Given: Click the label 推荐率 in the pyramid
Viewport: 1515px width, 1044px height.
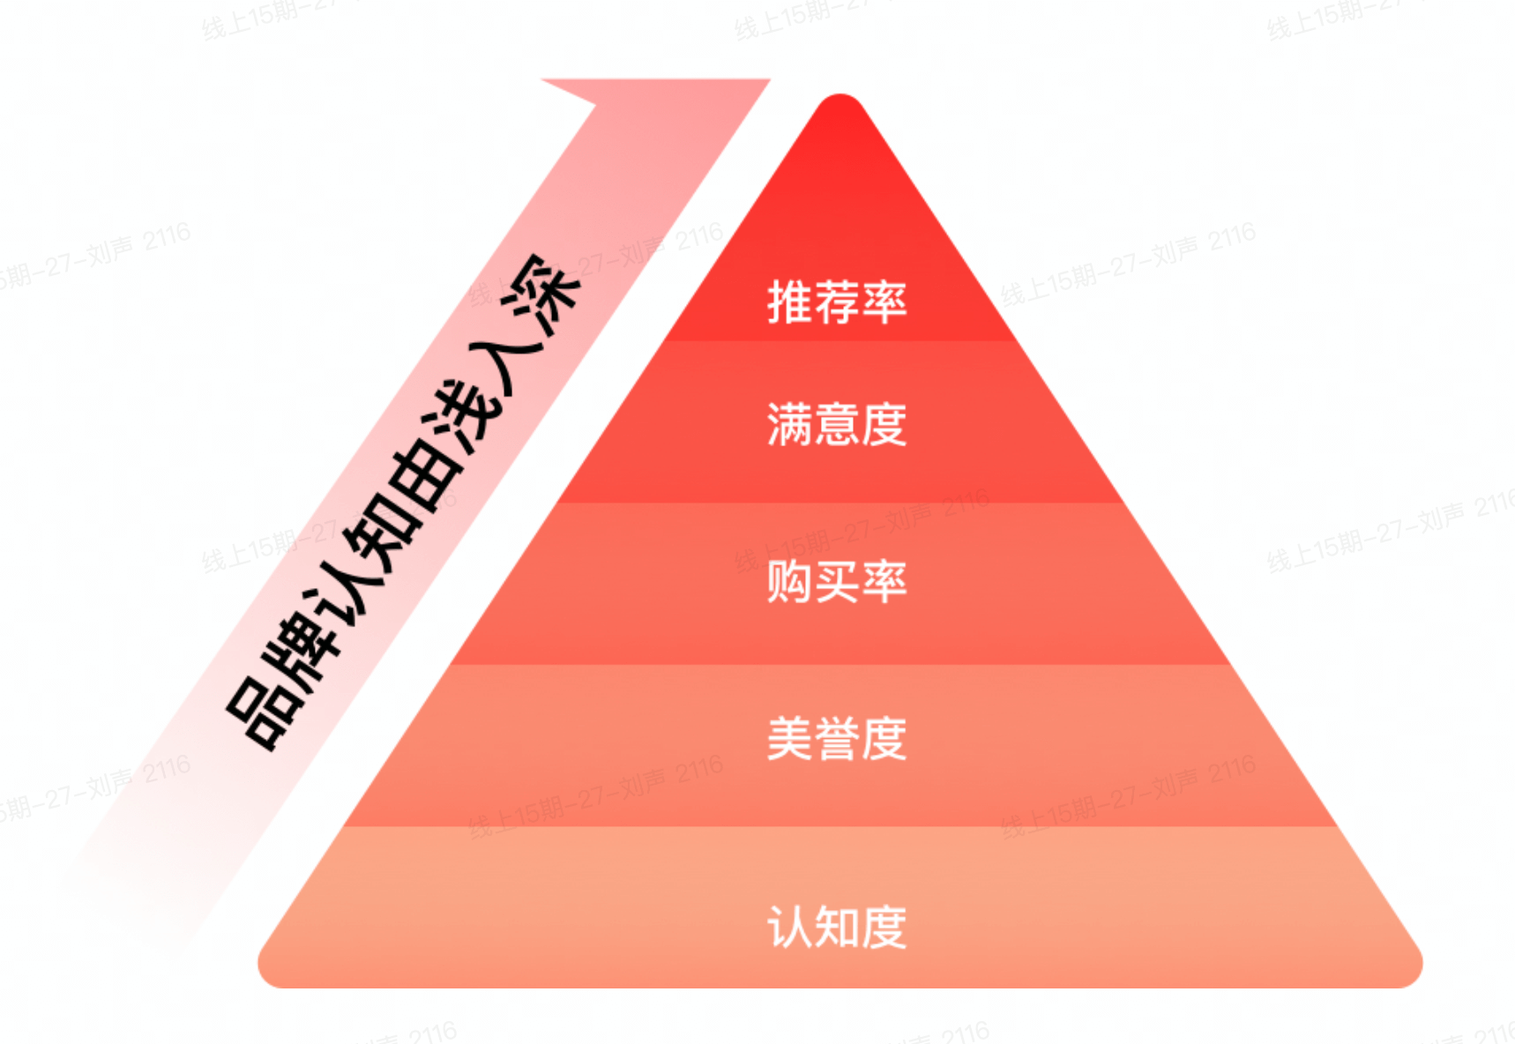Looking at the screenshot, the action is [837, 302].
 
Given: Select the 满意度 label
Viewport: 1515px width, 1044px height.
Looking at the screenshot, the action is [837, 424].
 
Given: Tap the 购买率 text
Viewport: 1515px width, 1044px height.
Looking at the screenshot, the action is [837, 582].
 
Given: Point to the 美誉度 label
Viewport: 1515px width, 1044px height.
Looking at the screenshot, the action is [837, 739].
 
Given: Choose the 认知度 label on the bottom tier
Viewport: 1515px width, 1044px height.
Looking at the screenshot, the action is [837, 927].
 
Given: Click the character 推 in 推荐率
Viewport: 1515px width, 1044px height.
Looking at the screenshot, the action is [790, 302].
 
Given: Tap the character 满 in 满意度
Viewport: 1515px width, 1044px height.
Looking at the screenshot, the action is [790, 424].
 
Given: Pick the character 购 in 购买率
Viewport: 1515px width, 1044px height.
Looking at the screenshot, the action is [790, 582].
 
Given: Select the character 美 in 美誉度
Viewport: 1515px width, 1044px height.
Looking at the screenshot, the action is [790, 739].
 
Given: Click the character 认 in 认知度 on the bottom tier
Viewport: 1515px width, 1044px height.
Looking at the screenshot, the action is [790, 927].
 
